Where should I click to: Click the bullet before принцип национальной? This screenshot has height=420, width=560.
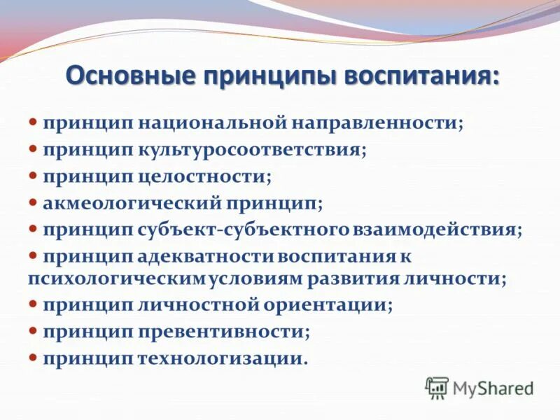click(x=33, y=123)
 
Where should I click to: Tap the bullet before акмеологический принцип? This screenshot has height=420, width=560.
click(x=33, y=203)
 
